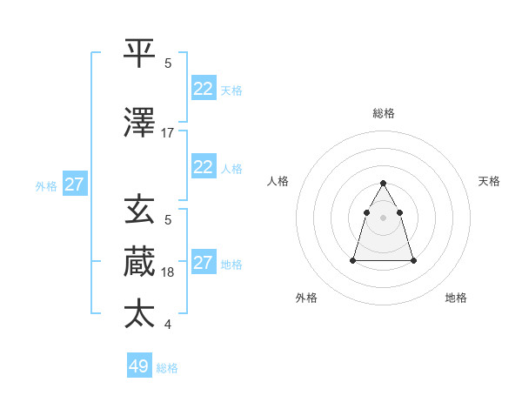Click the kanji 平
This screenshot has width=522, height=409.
coord(139,54)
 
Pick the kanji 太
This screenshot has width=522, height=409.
coord(139,313)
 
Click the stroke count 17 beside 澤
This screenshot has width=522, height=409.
coord(167,133)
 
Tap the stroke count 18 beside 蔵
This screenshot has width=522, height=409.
coord(167,272)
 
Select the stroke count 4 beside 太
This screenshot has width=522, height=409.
coord(167,325)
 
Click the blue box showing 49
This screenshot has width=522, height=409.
coord(139,366)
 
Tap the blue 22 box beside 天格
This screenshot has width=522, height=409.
coord(204,89)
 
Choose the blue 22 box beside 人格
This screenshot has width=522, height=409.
coord(204,167)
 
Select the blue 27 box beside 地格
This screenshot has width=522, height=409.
coord(204,263)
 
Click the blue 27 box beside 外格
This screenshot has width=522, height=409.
coord(75,184)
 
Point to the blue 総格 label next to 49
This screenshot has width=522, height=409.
coord(167,368)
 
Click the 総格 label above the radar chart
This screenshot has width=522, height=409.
coord(384,113)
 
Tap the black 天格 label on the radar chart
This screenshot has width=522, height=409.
coord(489,181)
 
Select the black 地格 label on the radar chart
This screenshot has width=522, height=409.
coord(456,298)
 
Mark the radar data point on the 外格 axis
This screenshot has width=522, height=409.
coord(353,260)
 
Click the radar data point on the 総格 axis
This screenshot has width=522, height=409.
coord(384,183)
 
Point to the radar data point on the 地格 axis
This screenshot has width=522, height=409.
coord(413,260)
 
